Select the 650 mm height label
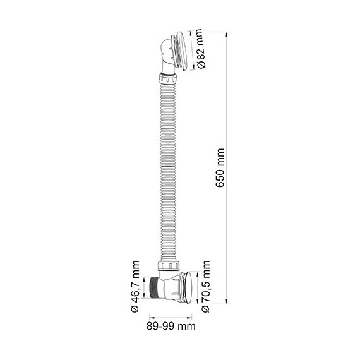220,169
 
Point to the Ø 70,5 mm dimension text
205,287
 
